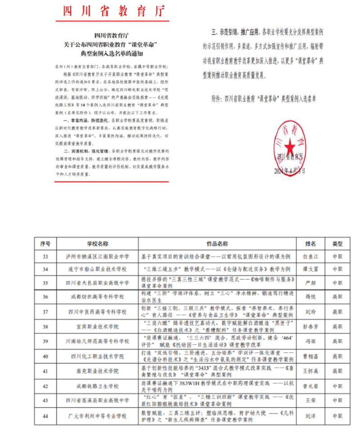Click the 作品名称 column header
coord(217,244)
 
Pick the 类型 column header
coord(337,244)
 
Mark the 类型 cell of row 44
coord(337,417)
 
